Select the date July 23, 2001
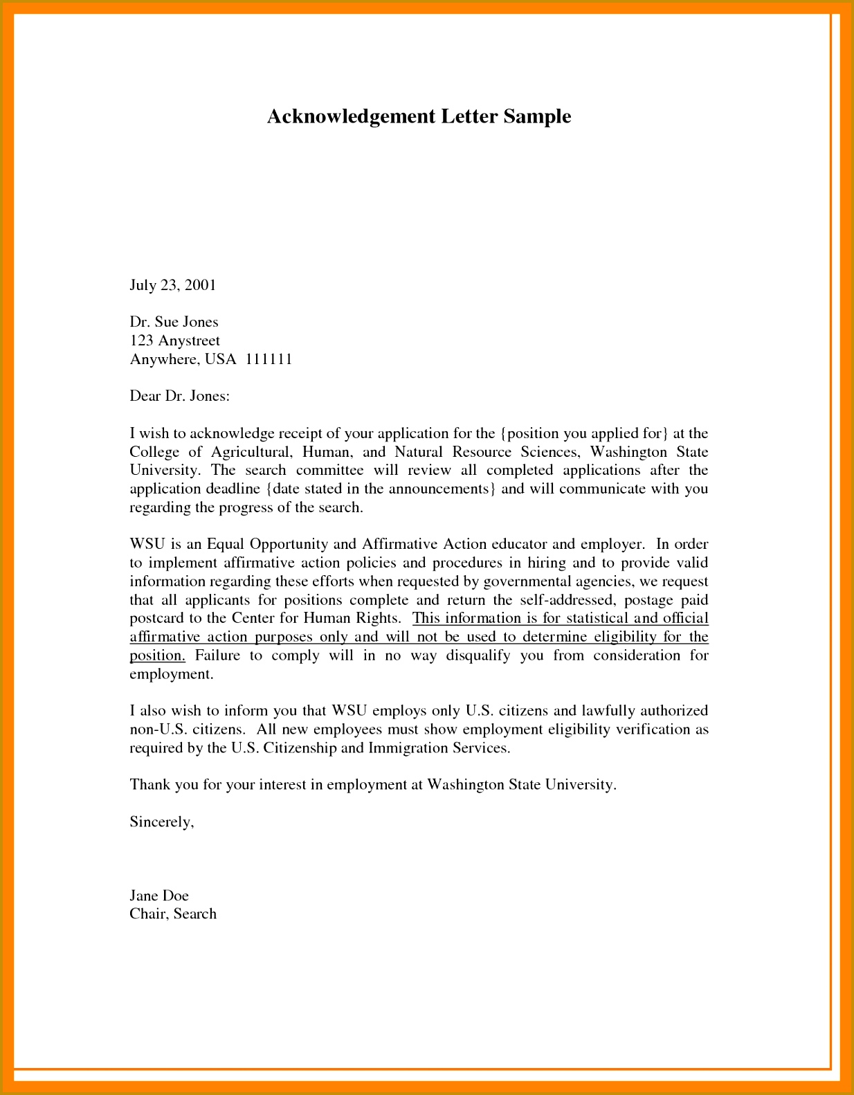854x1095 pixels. tap(173, 285)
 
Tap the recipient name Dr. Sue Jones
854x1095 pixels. tap(174, 322)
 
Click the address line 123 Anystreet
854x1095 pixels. tap(174, 341)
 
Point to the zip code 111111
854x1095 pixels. tap(269, 359)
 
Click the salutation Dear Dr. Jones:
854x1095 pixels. tap(179, 396)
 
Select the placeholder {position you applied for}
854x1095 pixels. tap(584, 434)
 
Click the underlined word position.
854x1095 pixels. tap(156, 655)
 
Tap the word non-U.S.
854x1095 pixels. tap(156, 730)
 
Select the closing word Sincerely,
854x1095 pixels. tap(161, 822)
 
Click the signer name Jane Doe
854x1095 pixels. tap(158, 896)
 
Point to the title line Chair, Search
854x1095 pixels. tap(173, 914)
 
